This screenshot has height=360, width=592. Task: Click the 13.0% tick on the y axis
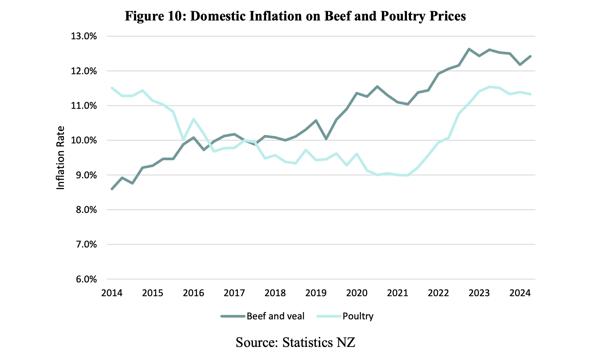(x=84, y=36)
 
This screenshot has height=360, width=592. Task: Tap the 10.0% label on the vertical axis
(x=84, y=140)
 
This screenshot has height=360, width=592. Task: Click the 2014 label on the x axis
(x=112, y=293)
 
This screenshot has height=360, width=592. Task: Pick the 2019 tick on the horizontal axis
(x=315, y=293)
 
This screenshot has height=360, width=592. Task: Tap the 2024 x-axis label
(x=520, y=293)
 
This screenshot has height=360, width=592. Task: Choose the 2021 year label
(x=397, y=293)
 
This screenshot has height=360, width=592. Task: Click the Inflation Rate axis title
(x=60, y=158)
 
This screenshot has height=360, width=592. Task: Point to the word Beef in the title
(x=338, y=16)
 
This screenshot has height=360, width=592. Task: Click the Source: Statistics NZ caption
(x=295, y=343)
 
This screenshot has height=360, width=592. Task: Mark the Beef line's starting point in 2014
(x=112, y=189)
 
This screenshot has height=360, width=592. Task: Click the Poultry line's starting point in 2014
(x=112, y=88)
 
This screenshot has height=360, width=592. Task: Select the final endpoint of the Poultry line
(x=530, y=94)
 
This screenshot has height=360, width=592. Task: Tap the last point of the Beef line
(x=530, y=56)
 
